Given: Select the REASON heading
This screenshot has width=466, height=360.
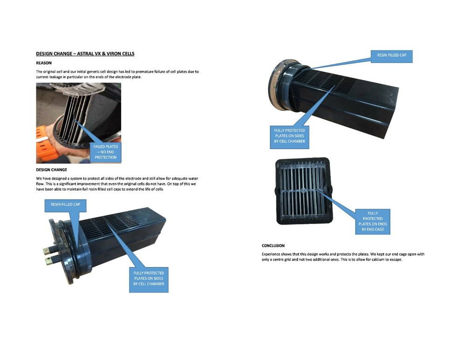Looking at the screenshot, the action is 44,63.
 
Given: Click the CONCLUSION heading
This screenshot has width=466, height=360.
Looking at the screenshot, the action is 273,245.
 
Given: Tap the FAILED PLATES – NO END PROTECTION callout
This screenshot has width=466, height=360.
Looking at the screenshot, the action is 105,152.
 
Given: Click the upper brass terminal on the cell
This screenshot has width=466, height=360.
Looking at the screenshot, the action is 47,251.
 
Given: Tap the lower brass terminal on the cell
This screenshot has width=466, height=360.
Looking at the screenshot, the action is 49,261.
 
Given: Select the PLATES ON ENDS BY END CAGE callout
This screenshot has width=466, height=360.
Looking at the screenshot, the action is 373,222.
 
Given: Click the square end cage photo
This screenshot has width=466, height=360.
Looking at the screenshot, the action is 303,191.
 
